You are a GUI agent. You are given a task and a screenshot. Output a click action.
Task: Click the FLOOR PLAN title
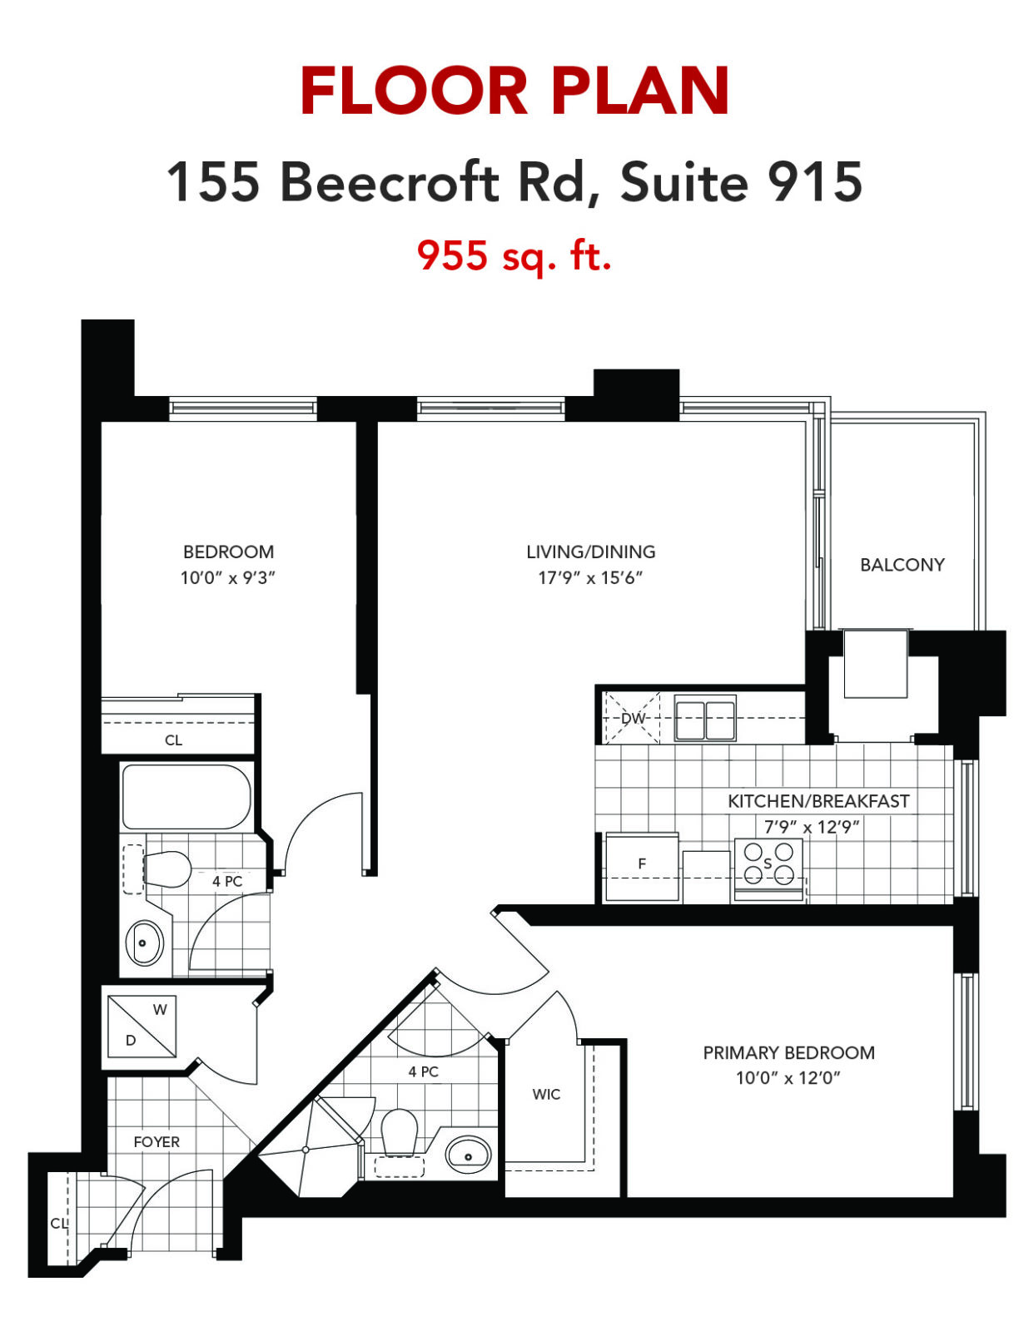pyautogui.click(x=514, y=92)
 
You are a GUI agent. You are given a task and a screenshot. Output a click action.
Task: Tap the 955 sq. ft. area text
pyautogui.click(x=514, y=256)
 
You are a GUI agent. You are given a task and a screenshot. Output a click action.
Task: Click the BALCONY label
pyautogui.click(x=902, y=565)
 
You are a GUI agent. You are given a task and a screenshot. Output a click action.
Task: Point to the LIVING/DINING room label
pyautogui.click(x=591, y=552)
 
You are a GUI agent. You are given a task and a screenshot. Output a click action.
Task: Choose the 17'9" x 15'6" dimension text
pyautogui.click(x=590, y=577)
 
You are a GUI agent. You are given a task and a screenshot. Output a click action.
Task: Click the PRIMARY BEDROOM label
pyautogui.click(x=788, y=1053)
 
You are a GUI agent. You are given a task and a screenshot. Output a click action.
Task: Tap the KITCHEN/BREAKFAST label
pyautogui.click(x=818, y=801)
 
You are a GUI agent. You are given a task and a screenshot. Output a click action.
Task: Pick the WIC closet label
pyautogui.click(x=546, y=1095)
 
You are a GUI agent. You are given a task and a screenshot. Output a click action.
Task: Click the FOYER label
pyautogui.click(x=157, y=1142)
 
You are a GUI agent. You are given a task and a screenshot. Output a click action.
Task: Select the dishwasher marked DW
pyautogui.click(x=633, y=718)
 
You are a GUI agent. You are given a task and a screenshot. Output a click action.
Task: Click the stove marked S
pyautogui.click(x=768, y=870)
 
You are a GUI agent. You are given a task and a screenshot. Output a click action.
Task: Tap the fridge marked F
pyautogui.click(x=642, y=867)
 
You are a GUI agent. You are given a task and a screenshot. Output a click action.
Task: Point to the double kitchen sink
pyautogui.click(x=705, y=719)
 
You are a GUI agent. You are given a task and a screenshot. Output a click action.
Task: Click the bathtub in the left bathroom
pyautogui.click(x=186, y=797)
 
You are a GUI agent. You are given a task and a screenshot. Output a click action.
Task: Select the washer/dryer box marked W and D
pyautogui.click(x=142, y=1027)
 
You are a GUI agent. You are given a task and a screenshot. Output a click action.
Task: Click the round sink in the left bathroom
pyautogui.click(x=145, y=944)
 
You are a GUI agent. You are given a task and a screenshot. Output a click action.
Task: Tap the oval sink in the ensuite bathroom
pyautogui.click(x=469, y=1155)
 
